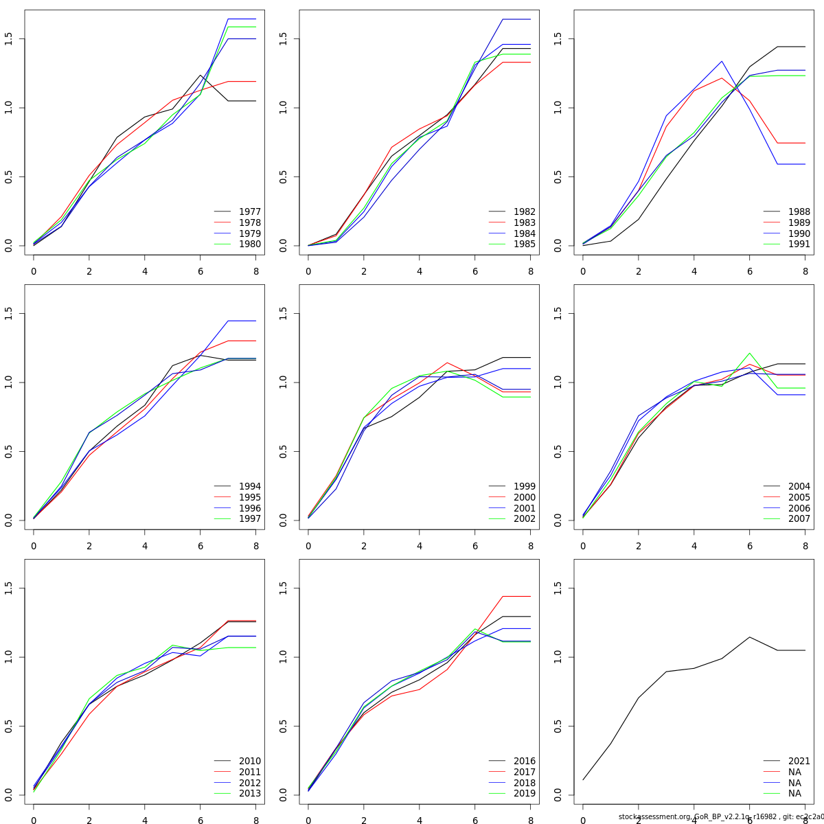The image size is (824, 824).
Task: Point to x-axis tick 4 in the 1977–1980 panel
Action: [x=144, y=271]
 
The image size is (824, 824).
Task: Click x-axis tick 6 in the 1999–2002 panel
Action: [x=474, y=545]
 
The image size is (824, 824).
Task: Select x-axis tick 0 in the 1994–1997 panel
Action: [x=33, y=545]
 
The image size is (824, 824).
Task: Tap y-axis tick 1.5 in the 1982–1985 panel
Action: [x=283, y=38]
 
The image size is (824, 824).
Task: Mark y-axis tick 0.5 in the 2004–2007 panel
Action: [x=558, y=451]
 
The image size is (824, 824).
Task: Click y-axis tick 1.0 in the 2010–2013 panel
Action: [x=8, y=657]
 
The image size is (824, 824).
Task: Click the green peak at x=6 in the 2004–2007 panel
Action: [x=750, y=353]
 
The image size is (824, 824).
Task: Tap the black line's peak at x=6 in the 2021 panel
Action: [x=750, y=637]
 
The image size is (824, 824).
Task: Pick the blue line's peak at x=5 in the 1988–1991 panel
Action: [x=722, y=61]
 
